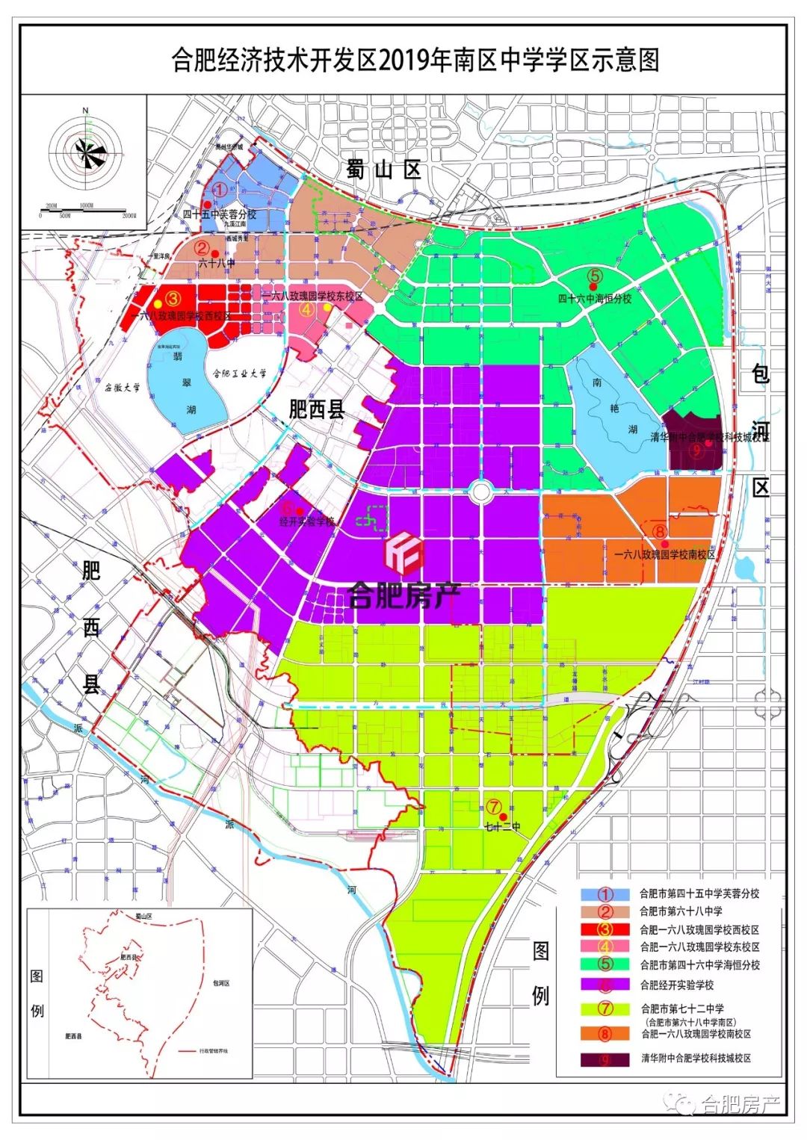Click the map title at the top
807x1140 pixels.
[415, 60]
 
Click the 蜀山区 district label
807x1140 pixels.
[384, 170]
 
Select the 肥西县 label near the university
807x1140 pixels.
[317, 409]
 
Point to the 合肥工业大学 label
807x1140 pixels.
[239, 374]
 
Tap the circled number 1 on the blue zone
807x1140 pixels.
[220, 190]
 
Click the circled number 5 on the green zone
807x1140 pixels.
[595, 275]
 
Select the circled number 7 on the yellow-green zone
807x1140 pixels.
[494, 806]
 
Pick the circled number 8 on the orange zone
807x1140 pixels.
[659, 531]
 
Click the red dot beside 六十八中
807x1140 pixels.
[215, 253]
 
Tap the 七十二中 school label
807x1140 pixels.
[502, 827]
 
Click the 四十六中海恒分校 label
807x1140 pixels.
[596, 298]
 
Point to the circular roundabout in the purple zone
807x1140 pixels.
[481, 491]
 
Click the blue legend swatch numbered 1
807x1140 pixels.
[605, 893]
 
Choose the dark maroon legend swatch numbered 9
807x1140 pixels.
[605, 1059]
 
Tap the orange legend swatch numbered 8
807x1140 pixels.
[605, 1033]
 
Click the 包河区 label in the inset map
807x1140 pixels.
[220, 983]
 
